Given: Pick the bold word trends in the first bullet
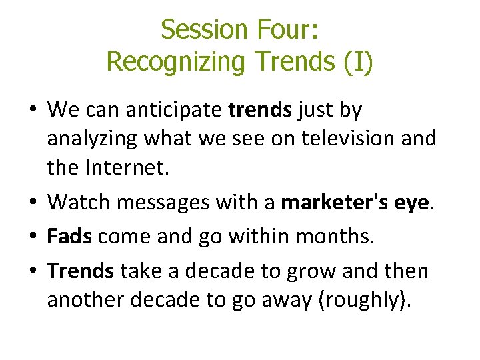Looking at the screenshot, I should (260, 109).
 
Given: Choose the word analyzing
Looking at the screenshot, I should (91, 139).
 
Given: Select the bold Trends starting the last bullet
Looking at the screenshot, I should (81, 271).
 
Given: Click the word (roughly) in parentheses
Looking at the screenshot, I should (363, 300).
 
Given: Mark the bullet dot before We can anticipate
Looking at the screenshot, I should (33, 110).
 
